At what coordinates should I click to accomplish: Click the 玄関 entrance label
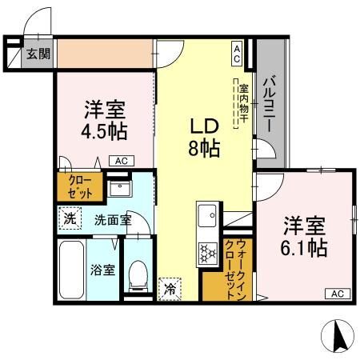[38, 54]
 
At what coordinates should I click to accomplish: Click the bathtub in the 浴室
[71, 270]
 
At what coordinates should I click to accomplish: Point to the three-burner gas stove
[208, 252]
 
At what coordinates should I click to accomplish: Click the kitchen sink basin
[207, 216]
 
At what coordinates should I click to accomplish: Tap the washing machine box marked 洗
[70, 218]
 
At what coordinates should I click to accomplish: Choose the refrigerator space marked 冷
[170, 289]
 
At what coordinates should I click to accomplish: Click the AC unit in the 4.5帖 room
[122, 161]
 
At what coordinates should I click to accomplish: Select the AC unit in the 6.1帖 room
[338, 294]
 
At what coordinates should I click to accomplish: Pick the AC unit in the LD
[237, 54]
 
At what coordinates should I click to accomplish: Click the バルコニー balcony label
[270, 103]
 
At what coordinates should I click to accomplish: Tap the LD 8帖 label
[204, 138]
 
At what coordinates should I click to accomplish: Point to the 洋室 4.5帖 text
[105, 120]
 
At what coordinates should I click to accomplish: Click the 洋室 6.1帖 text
[304, 236]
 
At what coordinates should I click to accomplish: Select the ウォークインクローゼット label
[234, 270]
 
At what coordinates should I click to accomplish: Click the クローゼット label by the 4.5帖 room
[80, 187]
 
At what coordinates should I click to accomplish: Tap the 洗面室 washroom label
[113, 220]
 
